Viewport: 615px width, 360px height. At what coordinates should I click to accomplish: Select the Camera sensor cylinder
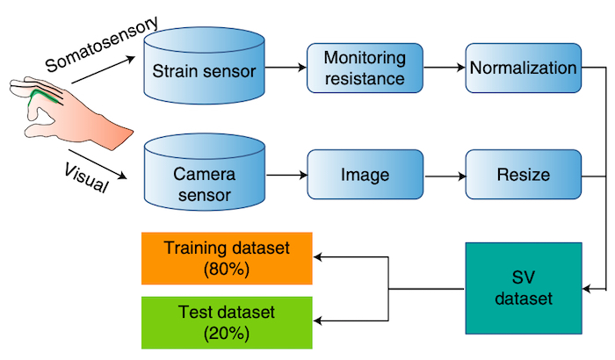(204, 174)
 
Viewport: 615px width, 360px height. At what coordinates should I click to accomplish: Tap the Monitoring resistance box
(365, 68)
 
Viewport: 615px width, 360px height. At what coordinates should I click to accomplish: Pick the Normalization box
(523, 68)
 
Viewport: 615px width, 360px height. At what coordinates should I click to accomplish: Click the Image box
(365, 174)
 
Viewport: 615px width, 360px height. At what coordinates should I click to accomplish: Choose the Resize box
(523, 174)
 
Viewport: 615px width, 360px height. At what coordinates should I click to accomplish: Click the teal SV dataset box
(523, 288)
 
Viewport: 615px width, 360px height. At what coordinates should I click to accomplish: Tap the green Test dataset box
(227, 321)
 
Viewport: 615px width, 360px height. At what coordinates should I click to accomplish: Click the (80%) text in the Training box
(227, 270)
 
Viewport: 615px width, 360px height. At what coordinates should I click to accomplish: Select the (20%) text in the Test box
(227, 333)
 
